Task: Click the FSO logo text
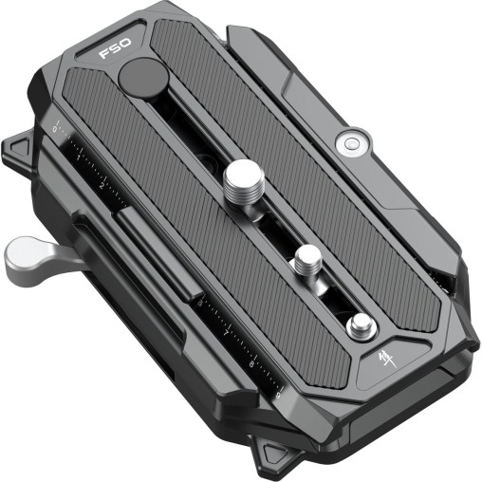click(x=117, y=50)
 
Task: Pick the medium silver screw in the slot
click(x=306, y=257)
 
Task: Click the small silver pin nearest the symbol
click(x=359, y=326)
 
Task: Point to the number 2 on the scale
click(x=101, y=186)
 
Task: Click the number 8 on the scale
click(x=252, y=363)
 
